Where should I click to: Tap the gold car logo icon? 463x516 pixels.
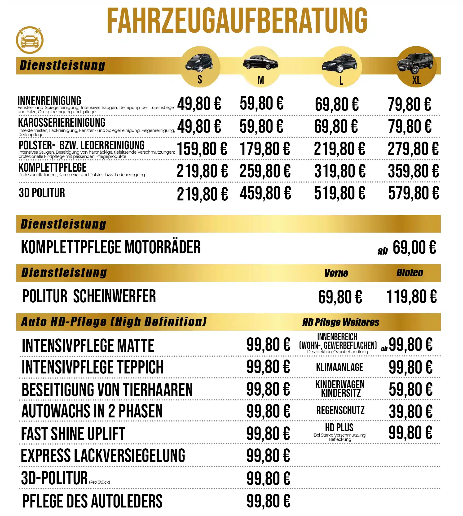click(x=30, y=40)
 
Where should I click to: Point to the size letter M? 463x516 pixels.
click(x=261, y=80)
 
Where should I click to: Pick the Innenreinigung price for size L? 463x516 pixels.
click(x=337, y=104)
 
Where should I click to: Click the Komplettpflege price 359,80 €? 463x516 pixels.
click(x=413, y=171)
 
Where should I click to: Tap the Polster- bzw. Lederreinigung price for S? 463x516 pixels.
click(x=202, y=149)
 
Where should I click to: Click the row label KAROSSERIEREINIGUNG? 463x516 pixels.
click(x=62, y=123)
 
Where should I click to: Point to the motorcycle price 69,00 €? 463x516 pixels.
click(x=414, y=247)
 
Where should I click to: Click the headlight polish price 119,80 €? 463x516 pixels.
click(x=411, y=297)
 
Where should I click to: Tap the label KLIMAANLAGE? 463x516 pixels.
click(x=339, y=368)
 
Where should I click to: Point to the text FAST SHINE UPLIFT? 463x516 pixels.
click(x=73, y=434)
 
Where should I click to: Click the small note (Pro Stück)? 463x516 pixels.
click(x=99, y=482)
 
